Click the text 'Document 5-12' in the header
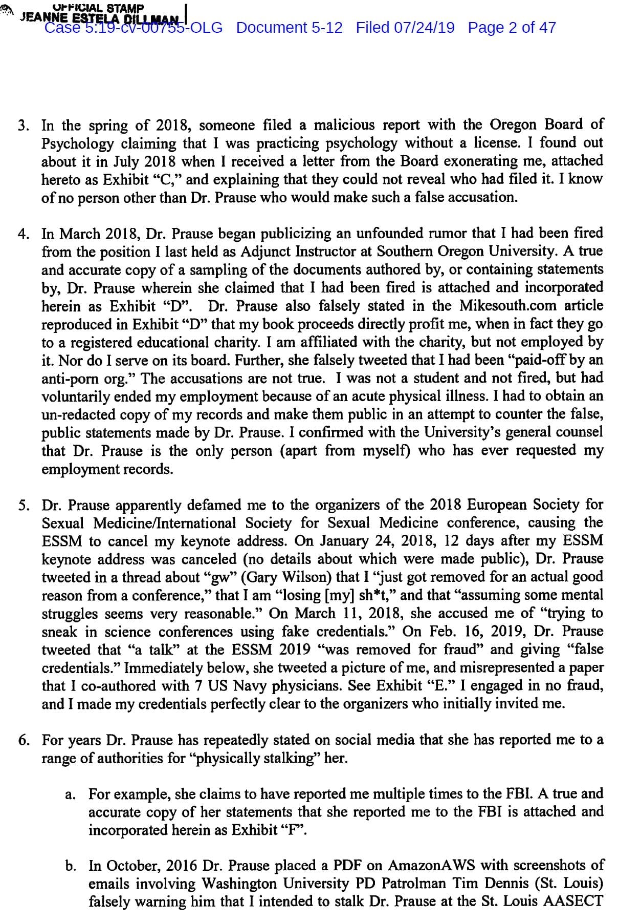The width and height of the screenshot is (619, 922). coord(289,28)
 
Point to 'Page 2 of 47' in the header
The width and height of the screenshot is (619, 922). coord(512,28)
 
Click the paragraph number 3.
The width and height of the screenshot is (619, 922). coord(23,126)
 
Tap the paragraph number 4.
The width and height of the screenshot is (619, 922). coord(23,235)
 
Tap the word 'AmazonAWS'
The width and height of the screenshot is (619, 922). coord(431,866)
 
